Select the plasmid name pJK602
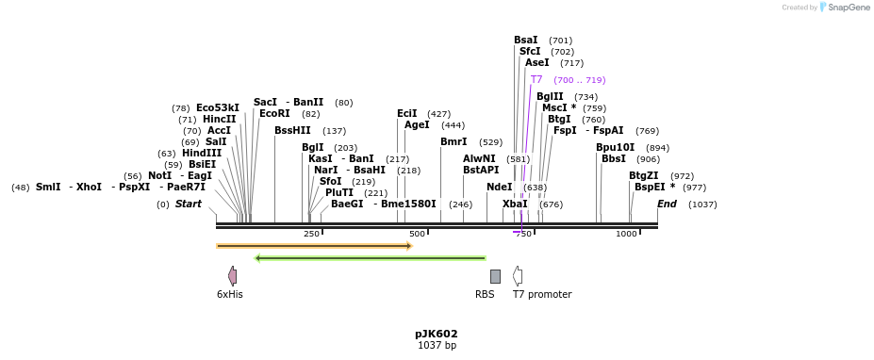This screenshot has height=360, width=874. (x=436, y=334)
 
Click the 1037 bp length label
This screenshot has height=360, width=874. (x=436, y=346)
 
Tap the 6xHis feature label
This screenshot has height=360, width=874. (x=230, y=294)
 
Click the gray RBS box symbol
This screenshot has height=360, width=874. (x=495, y=276)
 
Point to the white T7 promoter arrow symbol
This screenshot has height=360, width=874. (x=517, y=276)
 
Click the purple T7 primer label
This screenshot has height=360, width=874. (x=536, y=80)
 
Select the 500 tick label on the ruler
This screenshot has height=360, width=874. (x=417, y=234)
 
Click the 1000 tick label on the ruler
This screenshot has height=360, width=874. (x=627, y=234)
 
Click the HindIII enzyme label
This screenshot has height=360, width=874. (x=202, y=154)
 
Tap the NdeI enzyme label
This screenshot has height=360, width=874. (x=499, y=188)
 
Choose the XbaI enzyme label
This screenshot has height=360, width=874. (x=515, y=205)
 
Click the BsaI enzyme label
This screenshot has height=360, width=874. (x=525, y=41)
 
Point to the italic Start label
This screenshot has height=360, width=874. (x=189, y=205)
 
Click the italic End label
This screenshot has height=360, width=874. (x=667, y=205)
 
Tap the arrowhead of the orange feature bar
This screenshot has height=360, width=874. (x=409, y=246)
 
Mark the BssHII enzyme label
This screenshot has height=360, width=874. (x=292, y=131)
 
